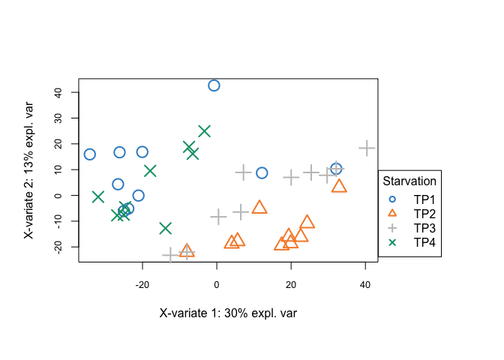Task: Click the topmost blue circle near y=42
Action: [214, 85]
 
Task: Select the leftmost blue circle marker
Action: [90, 154]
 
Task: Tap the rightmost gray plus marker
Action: [366, 148]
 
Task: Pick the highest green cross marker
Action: [204, 131]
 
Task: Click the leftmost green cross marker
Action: [97, 196]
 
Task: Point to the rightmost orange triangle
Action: [339, 186]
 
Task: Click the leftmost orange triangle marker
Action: [187, 250]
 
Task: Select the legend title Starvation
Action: [409, 181]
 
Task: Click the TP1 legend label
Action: [424, 200]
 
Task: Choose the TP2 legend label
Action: [424, 214]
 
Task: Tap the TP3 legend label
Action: [424, 228]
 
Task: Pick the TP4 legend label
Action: [424, 241]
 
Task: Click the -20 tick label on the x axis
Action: [142, 285]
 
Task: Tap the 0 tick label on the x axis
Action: [217, 285]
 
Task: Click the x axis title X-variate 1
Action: [228, 313]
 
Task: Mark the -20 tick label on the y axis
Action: [55, 247]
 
